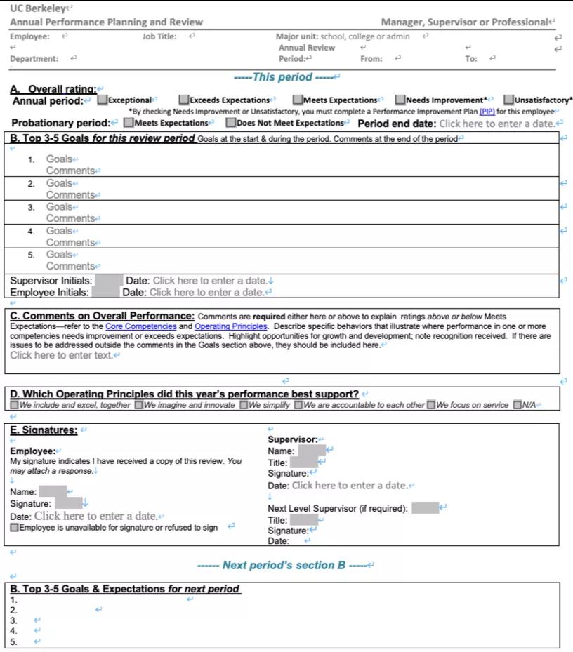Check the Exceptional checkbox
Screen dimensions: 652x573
[x=103, y=100]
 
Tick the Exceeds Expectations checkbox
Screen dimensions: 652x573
[x=184, y=100]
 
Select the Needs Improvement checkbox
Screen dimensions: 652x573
[x=400, y=100]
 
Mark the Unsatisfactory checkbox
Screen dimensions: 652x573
[x=509, y=100]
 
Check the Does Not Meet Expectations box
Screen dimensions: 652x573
[x=230, y=123]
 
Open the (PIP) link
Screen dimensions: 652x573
[x=487, y=112]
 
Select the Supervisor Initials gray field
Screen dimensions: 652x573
[x=109, y=281]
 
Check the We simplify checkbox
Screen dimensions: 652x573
[x=244, y=405]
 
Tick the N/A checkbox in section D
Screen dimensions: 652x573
[x=518, y=405]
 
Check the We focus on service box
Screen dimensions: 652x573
[x=431, y=405]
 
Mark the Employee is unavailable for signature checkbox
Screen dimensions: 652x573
[x=15, y=528]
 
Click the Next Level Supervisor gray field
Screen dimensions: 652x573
[x=425, y=507]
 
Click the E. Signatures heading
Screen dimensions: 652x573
[x=44, y=430]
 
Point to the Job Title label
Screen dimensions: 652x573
[x=159, y=36]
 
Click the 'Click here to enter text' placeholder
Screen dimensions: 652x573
[x=62, y=355]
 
